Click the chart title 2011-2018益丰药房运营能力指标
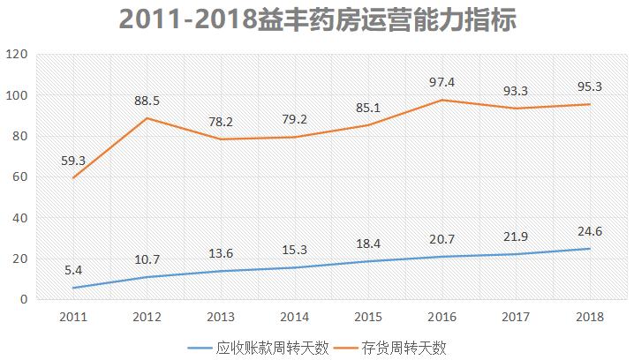tap(317, 19)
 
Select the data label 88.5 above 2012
tap(147, 101)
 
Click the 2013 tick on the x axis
tap(222, 315)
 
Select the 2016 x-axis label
tap(445, 315)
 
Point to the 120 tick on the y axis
tap(19, 55)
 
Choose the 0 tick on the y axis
tap(26, 300)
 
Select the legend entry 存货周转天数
tap(404, 348)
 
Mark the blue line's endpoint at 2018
tap(591, 249)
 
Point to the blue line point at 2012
tap(147, 277)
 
